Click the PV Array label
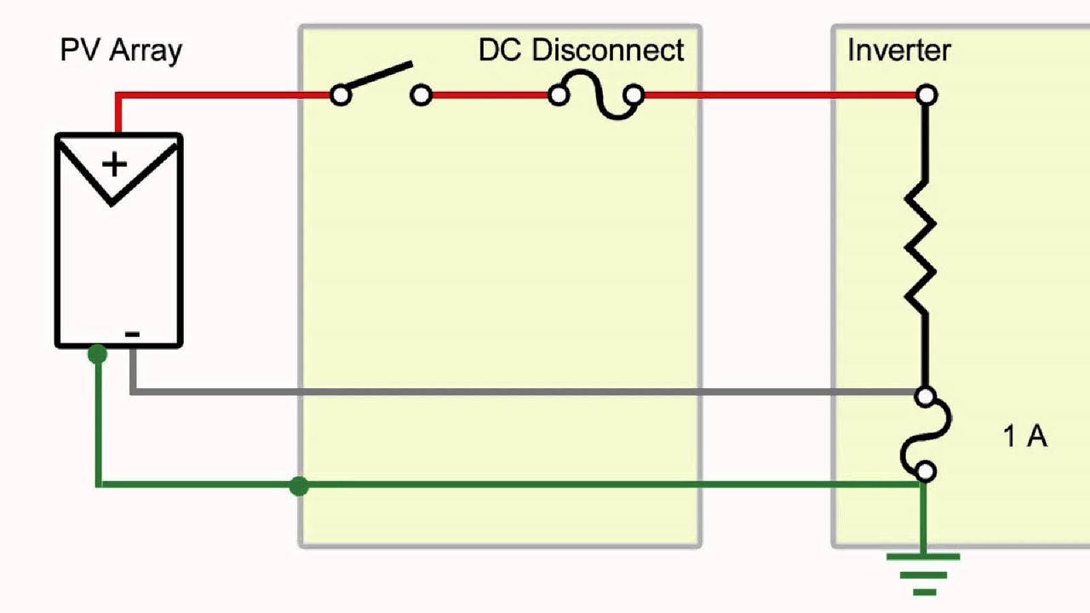pyautogui.click(x=121, y=51)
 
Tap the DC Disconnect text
pyautogui.click(x=581, y=49)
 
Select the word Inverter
pyautogui.click(x=898, y=49)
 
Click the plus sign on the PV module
pyautogui.click(x=115, y=164)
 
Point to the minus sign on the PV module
pyautogui.click(x=132, y=334)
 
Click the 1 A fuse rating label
pyautogui.click(x=1024, y=436)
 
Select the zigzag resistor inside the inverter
pyautogui.click(x=920, y=247)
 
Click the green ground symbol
pyautogui.click(x=923, y=575)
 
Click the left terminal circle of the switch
pyautogui.click(x=341, y=95)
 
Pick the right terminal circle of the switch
pyautogui.click(x=421, y=95)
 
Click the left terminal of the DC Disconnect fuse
pyautogui.click(x=559, y=95)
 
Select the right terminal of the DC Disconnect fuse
pyautogui.click(x=634, y=95)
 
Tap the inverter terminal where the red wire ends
pyautogui.click(x=926, y=95)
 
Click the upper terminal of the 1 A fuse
pyautogui.click(x=925, y=397)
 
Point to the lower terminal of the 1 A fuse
pyautogui.click(x=926, y=472)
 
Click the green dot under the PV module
pyautogui.click(x=97, y=354)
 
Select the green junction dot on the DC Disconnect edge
pyautogui.click(x=299, y=486)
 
